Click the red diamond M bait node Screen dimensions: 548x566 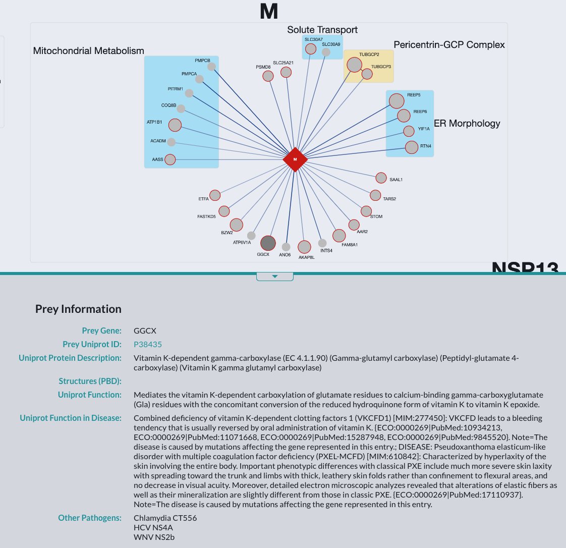[x=295, y=159]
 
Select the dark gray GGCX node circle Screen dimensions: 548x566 [x=268, y=243]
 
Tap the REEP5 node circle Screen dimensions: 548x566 [x=397, y=101]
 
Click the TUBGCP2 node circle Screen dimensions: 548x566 [x=355, y=65]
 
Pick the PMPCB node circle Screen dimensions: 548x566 [x=211, y=67]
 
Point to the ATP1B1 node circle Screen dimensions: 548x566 [x=175, y=125]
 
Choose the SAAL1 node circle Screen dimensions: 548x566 [x=381, y=178]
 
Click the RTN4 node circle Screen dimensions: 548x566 [x=412, y=147]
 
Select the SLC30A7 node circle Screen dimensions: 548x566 [x=311, y=49]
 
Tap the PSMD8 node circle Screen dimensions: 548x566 [x=268, y=76]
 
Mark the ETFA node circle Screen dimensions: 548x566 [x=215, y=195]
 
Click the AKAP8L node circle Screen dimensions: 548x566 [x=304, y=247]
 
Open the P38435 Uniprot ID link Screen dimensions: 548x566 [x=148, y=345]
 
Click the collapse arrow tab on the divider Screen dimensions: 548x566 [x=275, y=277]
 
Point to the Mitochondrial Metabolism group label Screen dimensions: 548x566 [x=89, y=51]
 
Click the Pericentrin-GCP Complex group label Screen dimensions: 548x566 [x=449, y=45]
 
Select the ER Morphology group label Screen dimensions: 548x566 [x=467, y=124]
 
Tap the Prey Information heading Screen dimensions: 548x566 [x=78, y=309]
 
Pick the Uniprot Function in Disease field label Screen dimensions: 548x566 [x=71, y=418]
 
